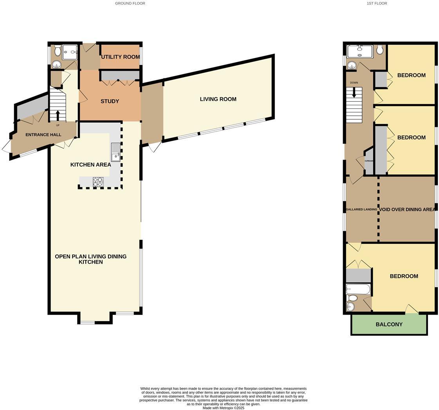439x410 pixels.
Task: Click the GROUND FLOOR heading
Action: [x=130, y=3]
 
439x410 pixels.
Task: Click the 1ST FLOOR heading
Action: [x=377, y=3]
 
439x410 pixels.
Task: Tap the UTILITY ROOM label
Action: [x=120, y=57]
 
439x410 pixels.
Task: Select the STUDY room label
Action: [x=110, y=101]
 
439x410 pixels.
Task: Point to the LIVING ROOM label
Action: [x=218, y=99]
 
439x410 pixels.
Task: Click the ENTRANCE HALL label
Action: [x=43, y=135]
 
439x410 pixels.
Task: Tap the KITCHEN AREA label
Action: [x=90, y=165]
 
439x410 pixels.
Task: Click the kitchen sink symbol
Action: [x=116, y=152]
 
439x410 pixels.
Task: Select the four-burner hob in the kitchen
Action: [x=98, y=182]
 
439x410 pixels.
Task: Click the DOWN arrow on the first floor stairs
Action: [x=354, y=93]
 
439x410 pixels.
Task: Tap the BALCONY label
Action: [x=389, y=324]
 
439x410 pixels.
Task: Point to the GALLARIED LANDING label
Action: [x=361, y=209]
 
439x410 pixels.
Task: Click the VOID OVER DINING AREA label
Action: [x=407, y=209]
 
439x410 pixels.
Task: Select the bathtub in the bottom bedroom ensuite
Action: [x=358, y=290]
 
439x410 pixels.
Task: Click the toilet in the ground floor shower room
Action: [x=58, y=50]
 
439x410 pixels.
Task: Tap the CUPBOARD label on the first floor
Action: [x=369, y=161]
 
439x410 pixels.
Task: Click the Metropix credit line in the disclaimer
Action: [x=223, y=408]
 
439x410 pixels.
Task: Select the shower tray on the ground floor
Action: [x=70, y=52]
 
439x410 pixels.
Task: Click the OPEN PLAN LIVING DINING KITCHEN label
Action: [x=90, y=259]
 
